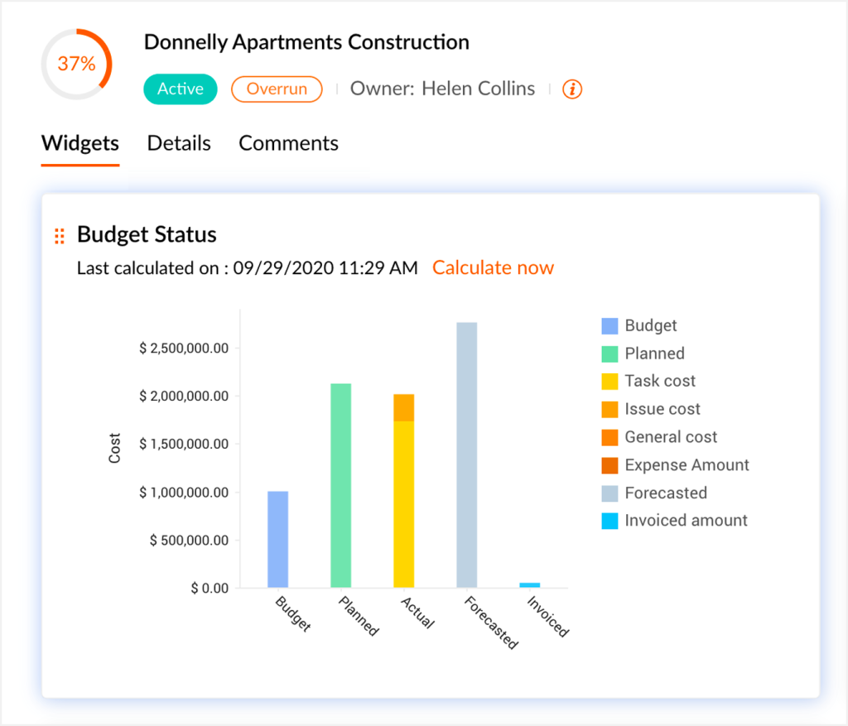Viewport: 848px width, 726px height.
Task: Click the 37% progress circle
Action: tap(76, 65)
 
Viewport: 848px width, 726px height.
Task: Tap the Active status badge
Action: tap(181, 89)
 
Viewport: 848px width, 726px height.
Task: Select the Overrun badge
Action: tap(277, 89)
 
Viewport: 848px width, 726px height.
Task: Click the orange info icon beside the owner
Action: tap(572, 89)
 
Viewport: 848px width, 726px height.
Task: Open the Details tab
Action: tap(179, 143)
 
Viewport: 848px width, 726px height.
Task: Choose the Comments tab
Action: tap(288, 143)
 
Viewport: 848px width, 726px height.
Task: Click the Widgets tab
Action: tap(80, 143)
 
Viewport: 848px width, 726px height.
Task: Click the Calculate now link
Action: tap(493, 267)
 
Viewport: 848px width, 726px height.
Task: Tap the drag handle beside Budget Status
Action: tap(59, 236)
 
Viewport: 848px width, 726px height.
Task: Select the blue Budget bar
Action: tap(278, 540)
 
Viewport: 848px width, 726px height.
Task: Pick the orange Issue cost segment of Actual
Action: tap(404, 407)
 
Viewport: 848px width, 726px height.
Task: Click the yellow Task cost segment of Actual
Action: tap(404, 505)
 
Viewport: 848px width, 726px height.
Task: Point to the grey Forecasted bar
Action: tap(467, 455)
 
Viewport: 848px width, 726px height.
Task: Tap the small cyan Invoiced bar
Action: tap(530, 584)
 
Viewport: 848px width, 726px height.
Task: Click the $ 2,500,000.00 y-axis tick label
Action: tap(184, 348)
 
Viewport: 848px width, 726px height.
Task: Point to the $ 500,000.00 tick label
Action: tap(189, 541)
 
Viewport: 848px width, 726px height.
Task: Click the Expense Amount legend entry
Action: tap(687, 465)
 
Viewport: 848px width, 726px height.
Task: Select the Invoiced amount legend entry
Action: tap(686, 521)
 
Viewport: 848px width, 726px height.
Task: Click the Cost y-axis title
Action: tap(115, 448)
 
